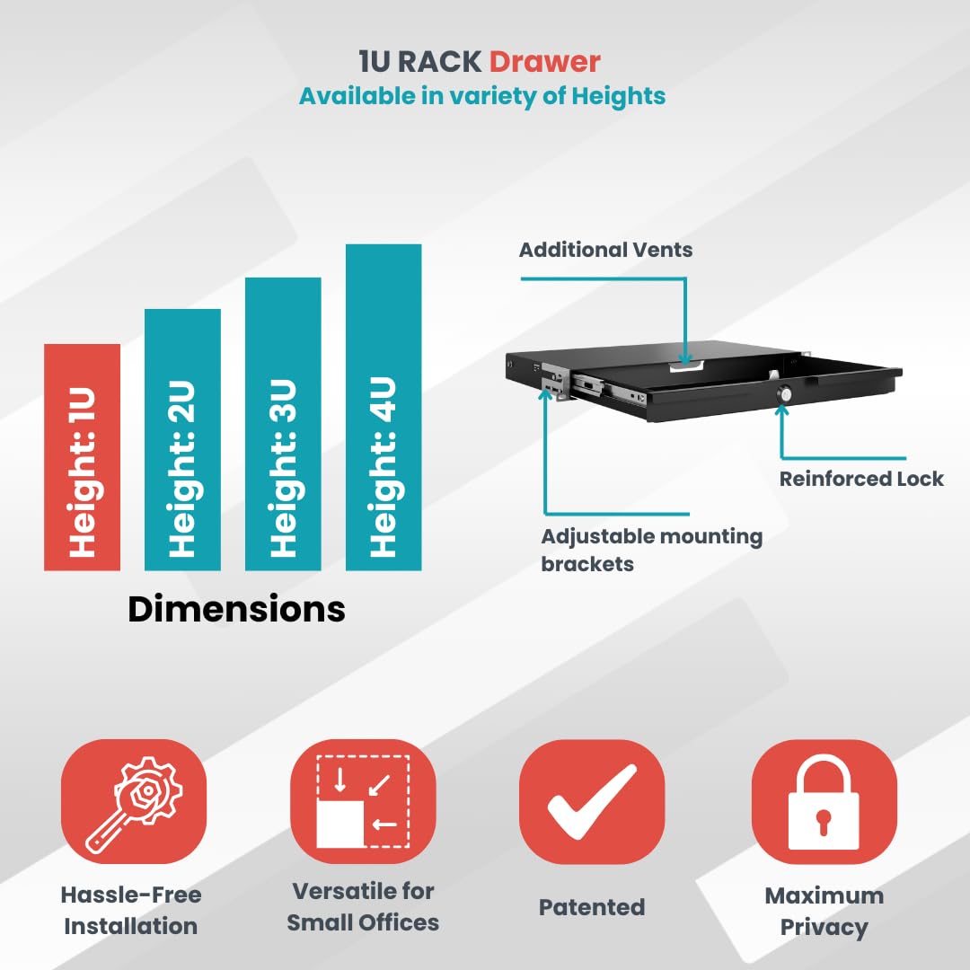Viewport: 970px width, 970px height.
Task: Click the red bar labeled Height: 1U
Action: pyautogui.click(x=83, y=456)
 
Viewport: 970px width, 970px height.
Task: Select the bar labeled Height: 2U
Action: pyautogui.click(x=182, y=439)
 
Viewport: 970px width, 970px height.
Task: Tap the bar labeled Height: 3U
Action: pyautogui.click(x=283, y=424)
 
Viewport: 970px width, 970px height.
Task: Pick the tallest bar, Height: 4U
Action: pyautogui.click(x=384, y=407)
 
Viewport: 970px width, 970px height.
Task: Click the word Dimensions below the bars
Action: pyautogui.click(x=236, y=609)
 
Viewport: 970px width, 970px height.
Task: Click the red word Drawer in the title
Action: pyautogui.click(x=544, y=61)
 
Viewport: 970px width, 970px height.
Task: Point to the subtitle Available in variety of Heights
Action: pyautogui.click(x=482, y=96)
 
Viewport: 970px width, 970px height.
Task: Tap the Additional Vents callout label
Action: pyautogui.click(x=605, y=250)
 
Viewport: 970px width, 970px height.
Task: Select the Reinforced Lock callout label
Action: pyautogui.click(x=861, y=478)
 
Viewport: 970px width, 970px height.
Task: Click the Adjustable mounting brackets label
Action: pyautogui.click(x=651, y=550)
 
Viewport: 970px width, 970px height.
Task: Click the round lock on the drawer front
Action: pyautogui.click(x=785, y=394)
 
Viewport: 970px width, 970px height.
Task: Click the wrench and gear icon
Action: pyautogui.click(x=134, y=802)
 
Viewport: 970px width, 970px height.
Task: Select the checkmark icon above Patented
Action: pyautogui.click(x=592, y=802)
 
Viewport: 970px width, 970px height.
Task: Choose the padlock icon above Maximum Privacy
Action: pyautogui.click(x=824, y=802)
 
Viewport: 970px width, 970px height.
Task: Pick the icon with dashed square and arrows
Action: pyautogui.click(x=363, y=802)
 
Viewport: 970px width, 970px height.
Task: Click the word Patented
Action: pyautogui.click(x=592, y=907)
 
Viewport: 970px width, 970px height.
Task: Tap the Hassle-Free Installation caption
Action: pyautogui.click(x=131, y=910)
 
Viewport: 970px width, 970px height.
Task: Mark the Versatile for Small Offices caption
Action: pyautogui.click(x=363, y=907)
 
